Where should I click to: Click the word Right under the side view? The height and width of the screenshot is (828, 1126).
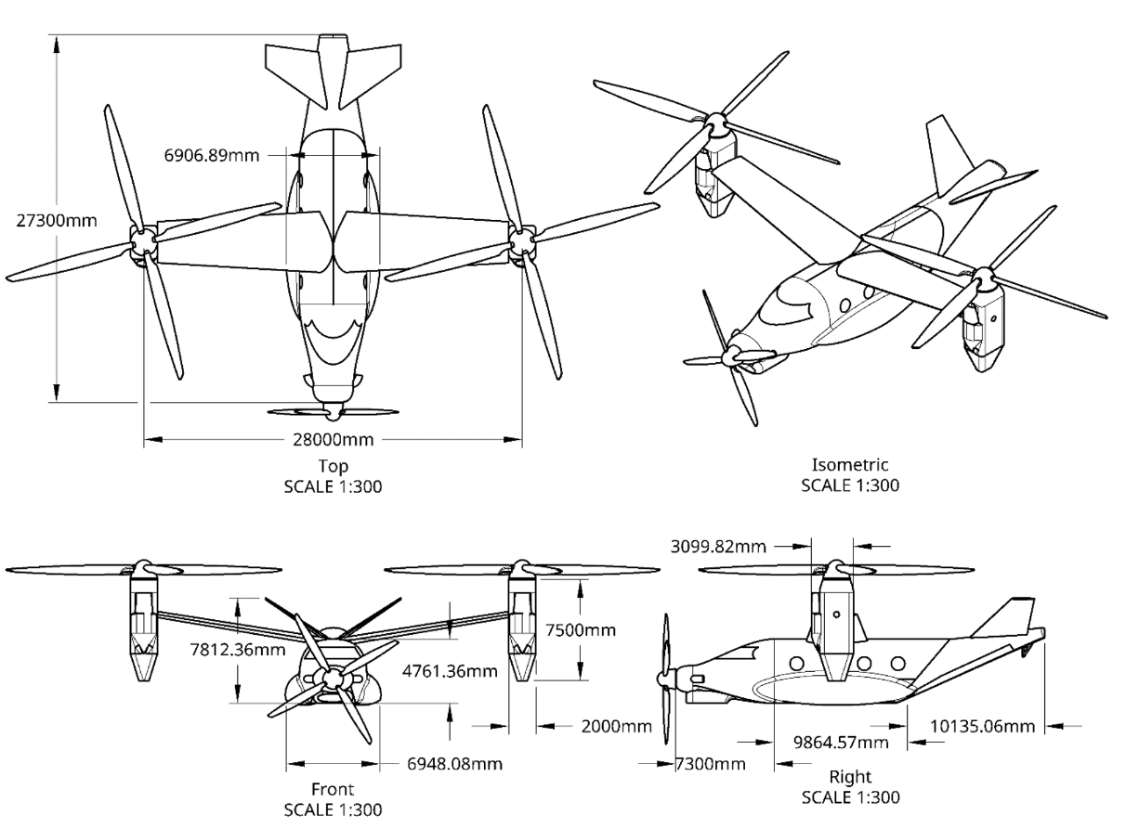pyautogui.click(x=849, y=777)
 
